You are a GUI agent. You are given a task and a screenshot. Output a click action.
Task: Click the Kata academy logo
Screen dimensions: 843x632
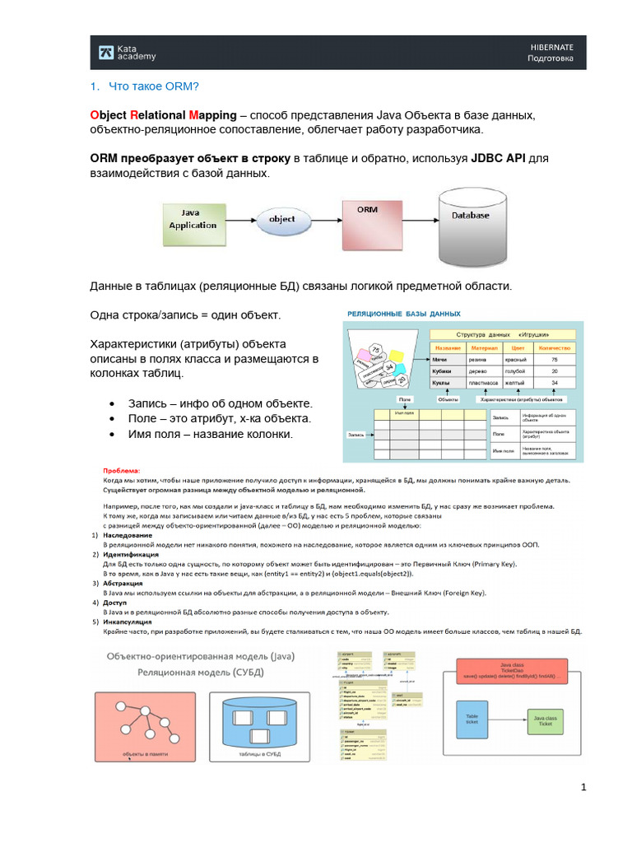coord(126,52)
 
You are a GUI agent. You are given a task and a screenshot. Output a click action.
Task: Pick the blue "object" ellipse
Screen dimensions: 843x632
coord(282,220)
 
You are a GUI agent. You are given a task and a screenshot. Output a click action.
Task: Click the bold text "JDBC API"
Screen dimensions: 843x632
coord(498,157)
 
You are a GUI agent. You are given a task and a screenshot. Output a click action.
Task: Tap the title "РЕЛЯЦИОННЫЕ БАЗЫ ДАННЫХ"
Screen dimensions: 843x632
coord(403,314)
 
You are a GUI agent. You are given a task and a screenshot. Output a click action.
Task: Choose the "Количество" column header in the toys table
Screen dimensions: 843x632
coord(555,347)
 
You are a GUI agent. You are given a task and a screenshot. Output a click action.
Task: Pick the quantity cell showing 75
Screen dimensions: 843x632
coord(555,360)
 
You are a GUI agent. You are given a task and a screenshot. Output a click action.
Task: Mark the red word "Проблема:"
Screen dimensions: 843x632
coord(122,470)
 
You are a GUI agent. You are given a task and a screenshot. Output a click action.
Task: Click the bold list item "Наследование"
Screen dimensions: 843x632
coord(128,535)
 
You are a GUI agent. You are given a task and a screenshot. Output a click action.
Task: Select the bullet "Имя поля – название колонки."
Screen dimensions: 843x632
coord(211,434)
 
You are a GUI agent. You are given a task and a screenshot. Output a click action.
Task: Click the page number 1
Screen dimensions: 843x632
coord(583,788)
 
